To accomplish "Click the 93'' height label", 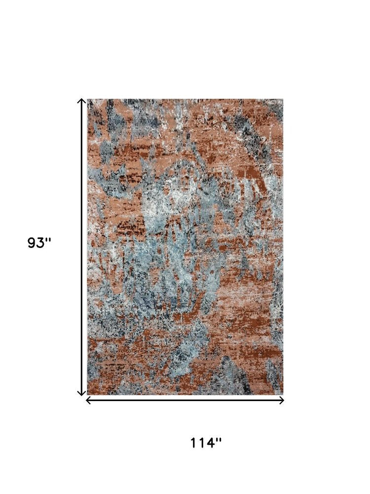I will pos(39,244).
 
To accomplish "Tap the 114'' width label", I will pos(206,443).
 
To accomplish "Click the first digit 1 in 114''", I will pos(194,443).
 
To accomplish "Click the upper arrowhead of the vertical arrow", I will pos(82,101).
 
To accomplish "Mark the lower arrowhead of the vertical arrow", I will pos(82,393).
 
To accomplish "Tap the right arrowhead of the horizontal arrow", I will pos(282,400).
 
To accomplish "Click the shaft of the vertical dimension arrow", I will pos(82,247).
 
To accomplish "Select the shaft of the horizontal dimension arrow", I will pos(185,400).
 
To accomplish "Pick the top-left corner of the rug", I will pos(88,100).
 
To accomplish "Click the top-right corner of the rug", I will pos(283,100).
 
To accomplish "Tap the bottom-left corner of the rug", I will pos(88,394).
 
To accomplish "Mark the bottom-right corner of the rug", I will pos(283,394).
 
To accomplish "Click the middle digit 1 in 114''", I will pos(202,443).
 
